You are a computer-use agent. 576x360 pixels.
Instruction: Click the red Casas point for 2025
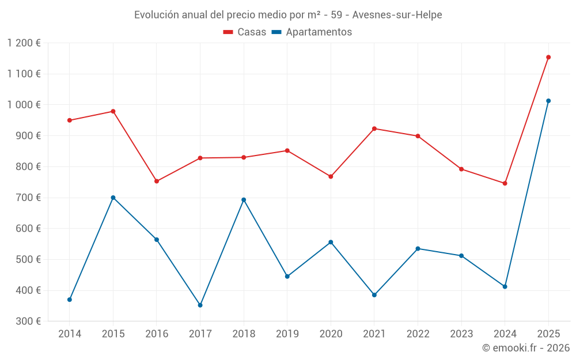pos(548,57)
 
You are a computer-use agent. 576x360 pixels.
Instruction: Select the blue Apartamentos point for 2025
pos(548,101)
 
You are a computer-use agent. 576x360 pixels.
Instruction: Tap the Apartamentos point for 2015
pos(113,198)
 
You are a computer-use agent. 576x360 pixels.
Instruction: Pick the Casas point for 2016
pos(157,181)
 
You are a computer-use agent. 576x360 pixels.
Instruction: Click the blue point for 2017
pos(200,305)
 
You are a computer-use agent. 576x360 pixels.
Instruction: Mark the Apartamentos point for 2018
pos(244,200)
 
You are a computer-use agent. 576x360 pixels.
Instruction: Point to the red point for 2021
pos(374,128)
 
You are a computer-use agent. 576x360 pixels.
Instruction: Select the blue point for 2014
pos(70,300)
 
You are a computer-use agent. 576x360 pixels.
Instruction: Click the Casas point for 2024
pos(505,183)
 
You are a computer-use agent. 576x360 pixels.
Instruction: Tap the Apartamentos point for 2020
pos(331,242)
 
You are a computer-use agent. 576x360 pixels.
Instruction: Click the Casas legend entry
pos(245,32)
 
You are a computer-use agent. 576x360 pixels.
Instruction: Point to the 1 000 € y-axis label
pos(24,105)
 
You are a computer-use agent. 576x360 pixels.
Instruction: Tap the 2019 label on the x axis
pos(287,334)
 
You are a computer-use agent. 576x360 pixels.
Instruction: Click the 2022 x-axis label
pos(418,334)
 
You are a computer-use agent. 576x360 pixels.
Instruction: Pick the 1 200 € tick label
pos(24,43)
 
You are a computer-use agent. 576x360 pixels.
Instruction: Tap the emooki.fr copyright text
pos(525,348)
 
